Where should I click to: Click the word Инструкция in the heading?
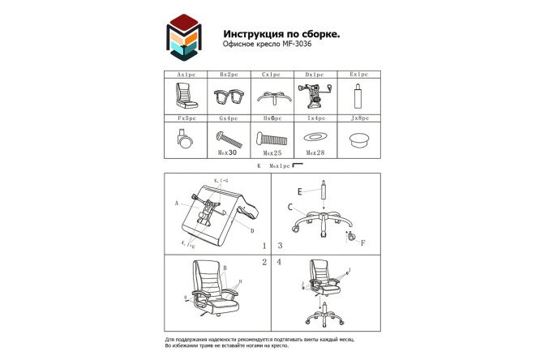(256, 34)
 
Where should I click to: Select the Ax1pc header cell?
(186, 74)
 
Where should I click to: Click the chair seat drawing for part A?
(186, 98)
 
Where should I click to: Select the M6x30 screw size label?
(229, 152)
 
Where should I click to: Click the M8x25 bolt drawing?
(271, 137)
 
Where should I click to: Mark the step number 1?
(264, 245)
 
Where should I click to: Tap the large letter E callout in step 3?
(299, 191)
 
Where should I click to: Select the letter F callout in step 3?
(362, 242)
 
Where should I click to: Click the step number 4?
(279, 262)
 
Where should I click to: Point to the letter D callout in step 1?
(252, 231)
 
